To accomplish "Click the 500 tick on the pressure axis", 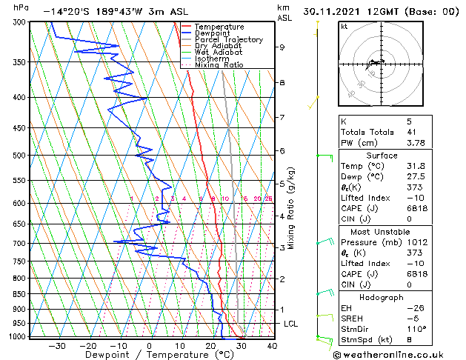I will pos(20,156).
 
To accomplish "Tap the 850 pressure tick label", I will pos(20,294).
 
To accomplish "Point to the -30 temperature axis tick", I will pos(57,345).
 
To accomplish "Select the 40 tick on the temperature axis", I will pos(272,345).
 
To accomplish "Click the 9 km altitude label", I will pos(282,47).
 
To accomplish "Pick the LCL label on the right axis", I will pos(291,324).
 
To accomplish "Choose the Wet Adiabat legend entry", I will pos(218,53).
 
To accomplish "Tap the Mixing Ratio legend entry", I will pos(219,65).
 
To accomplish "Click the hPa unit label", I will pos(21,7).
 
